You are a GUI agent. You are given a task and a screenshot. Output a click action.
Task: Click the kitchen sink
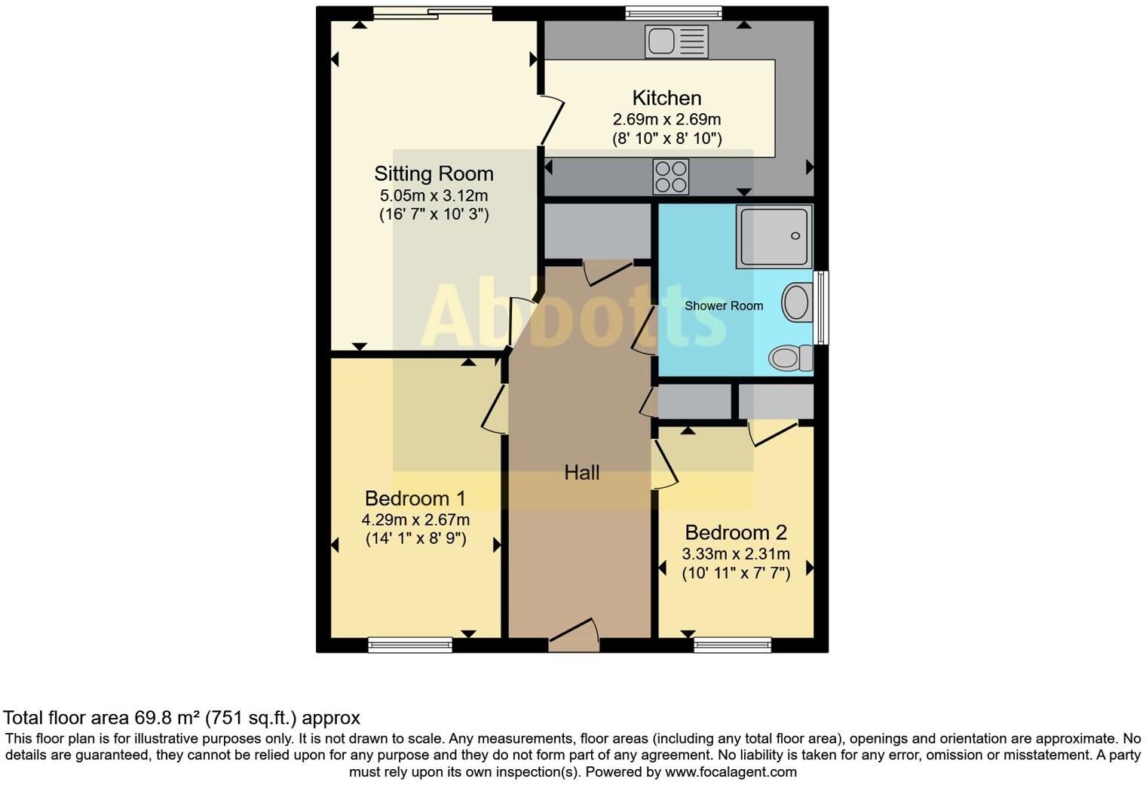(676, 41)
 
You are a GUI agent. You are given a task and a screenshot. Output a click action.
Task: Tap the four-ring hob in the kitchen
(670, 177)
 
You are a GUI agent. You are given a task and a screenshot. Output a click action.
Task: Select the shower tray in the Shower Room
(774, 236)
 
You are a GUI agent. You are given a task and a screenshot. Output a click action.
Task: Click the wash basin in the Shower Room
(795, 302)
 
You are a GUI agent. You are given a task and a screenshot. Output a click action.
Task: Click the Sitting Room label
(434, 174)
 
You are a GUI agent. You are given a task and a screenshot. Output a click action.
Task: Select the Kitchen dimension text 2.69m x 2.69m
(666, 120)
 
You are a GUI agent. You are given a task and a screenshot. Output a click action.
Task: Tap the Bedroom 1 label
(415, 498)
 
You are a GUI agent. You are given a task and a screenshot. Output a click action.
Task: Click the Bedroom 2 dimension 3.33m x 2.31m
(736, 554)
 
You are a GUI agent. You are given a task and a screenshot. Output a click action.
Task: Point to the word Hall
(582, 473)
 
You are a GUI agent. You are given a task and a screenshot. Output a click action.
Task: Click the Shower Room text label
(723, 306)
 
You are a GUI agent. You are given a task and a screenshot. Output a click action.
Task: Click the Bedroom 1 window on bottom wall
(410, 645)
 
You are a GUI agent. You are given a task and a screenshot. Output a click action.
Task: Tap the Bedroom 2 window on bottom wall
(732, 645)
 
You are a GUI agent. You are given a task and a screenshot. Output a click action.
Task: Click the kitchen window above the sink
(673, 13)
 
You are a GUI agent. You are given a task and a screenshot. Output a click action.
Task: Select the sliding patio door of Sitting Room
(433, 13)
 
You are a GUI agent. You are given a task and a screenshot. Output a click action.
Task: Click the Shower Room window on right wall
(823, 308)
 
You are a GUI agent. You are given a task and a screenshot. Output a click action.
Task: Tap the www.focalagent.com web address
(730, 772)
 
